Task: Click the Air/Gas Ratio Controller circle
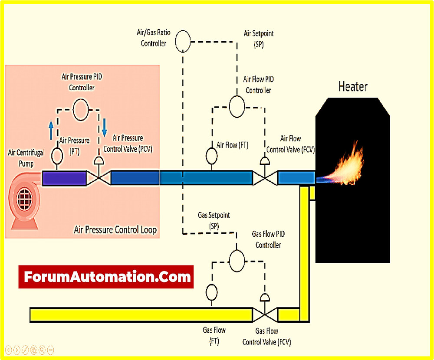click(x=182, y=42)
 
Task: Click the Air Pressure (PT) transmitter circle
click(x=56, y=155)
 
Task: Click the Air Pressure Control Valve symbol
click(x=99, y=173)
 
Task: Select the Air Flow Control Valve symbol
click(x=264, y=173)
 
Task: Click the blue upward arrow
click(x=51, y=129)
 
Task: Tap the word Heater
click(x=353, y=87)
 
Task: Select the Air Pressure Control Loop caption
click(x=115, y=229)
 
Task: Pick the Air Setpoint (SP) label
click(x=259, y=38)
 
